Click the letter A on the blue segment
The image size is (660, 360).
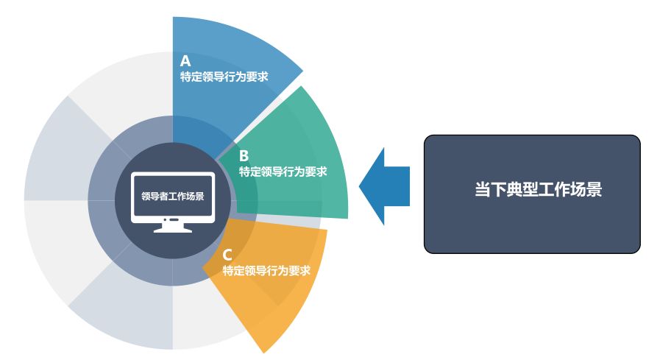tap(185, 61)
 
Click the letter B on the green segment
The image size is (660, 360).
tap(244, 156)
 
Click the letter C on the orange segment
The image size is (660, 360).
tap(227, 255)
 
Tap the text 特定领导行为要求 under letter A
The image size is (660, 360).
tap(224, 76)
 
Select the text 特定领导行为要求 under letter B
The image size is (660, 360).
tap(283, 172)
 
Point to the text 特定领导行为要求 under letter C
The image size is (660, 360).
tap(266, 271)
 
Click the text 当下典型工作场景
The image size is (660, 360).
tap(538, 189)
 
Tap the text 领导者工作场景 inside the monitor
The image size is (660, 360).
tap(173, 197)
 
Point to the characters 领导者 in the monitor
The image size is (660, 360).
tap(155, 197)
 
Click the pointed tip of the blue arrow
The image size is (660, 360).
tap(361, 186)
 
